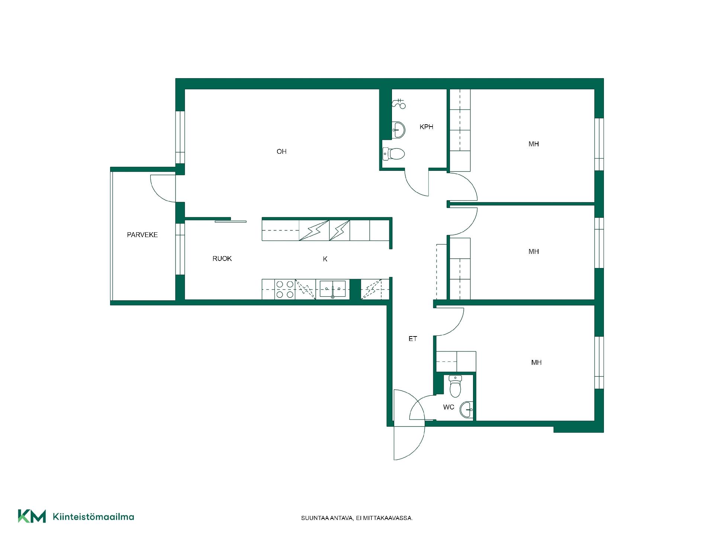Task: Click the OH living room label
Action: (282, 151)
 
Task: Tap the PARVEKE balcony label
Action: (142, 235)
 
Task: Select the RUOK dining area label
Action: (222, 259)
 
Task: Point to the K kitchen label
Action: (325, 259)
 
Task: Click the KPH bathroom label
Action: (427, 127)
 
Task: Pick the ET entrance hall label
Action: (413, 339)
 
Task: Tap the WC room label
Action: (449, 407)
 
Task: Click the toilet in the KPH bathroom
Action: (394, 154)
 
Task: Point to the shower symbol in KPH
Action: (399, 103)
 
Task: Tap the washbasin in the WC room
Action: (466, 410)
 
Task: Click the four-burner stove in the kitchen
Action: (285, 290)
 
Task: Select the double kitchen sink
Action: (332, 289)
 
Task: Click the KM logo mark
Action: (32, 516)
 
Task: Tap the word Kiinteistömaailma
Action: (93, 517)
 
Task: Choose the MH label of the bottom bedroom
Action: (536, 363)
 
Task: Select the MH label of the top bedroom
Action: (534, 144)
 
